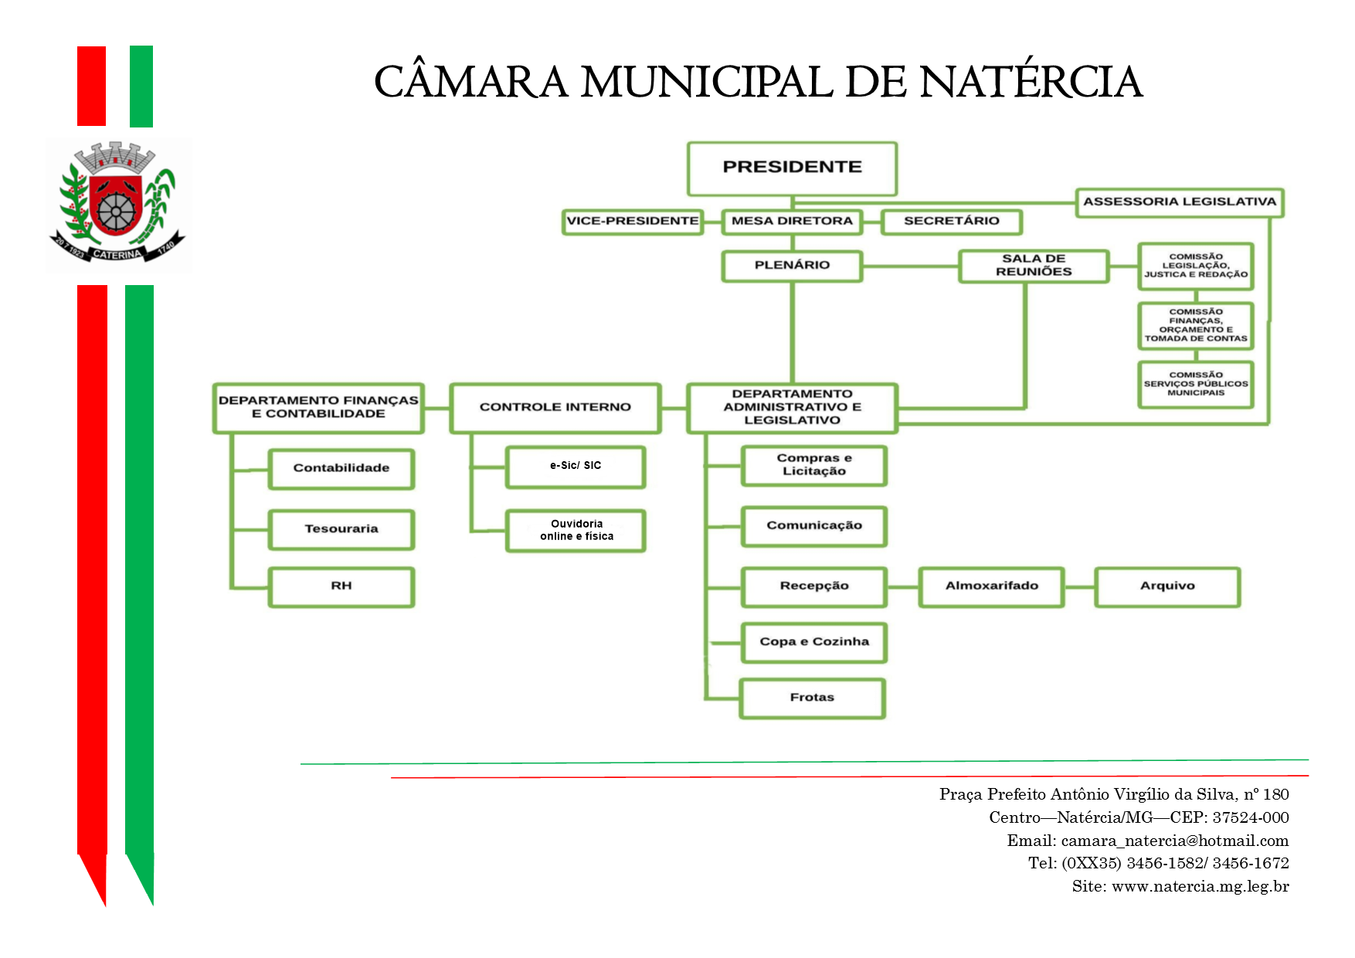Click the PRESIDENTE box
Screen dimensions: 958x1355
792,168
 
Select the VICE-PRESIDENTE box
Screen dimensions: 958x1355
633,222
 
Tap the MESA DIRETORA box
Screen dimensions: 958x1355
792,222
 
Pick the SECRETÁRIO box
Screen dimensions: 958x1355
951,222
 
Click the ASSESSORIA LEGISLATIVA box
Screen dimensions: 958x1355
1179,202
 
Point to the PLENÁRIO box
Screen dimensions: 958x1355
792,266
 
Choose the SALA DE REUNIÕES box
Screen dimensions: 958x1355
1033,266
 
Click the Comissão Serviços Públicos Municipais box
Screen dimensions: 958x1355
1195,384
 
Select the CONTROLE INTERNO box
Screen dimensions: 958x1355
555,407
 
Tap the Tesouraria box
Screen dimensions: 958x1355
341,529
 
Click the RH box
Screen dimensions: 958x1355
341,586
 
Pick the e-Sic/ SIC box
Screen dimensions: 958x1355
575,467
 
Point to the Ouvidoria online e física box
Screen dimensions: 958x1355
575,530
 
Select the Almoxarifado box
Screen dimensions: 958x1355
991,586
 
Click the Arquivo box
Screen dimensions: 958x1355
1167,586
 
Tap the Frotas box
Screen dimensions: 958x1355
812,698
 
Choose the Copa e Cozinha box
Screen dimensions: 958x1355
813,642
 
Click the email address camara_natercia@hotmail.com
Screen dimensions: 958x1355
1174,841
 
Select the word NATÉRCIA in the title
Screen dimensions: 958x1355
1031,82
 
